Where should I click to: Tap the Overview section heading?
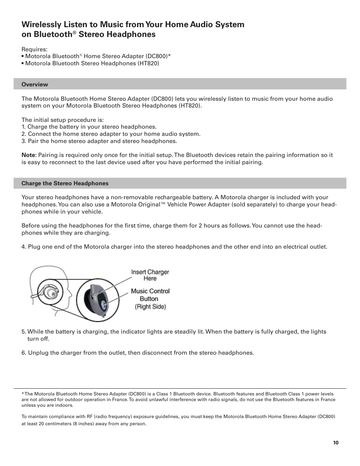35,85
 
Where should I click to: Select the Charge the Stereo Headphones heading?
65,183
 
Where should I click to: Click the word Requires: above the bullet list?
34,49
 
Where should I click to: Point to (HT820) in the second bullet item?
148,63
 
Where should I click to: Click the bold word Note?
29,155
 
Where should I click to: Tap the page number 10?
335,443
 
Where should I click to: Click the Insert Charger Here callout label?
150,275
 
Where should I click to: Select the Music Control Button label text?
150,295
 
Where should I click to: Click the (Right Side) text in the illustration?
150,307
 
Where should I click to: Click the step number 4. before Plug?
24,247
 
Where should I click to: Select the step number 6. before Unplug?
24,353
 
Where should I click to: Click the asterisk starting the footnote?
23,394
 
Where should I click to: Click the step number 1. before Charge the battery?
23,127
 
